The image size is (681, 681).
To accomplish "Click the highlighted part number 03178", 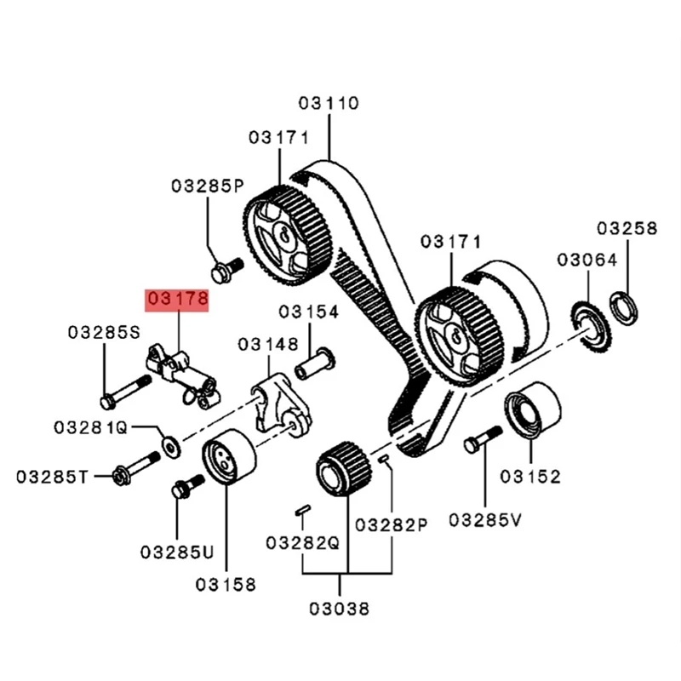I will coord(177,300).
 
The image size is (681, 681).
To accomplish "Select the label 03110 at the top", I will coord(329,104).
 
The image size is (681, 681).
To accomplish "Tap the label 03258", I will coord(627,228).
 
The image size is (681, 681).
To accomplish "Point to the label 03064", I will coord(587,260).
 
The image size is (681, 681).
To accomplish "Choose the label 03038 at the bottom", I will coord(340,609).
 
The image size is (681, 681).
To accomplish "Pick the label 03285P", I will coord(207,186).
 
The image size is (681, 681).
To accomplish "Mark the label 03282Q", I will coord(302,542).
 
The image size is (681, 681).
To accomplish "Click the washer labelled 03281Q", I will coord(171,445).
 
